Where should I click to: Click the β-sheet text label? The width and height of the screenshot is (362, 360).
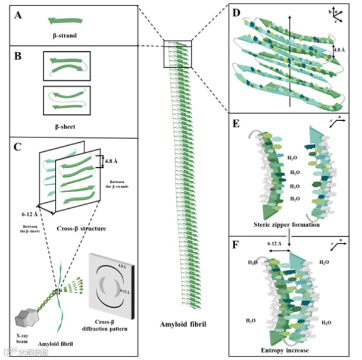click(x=67, y=126)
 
